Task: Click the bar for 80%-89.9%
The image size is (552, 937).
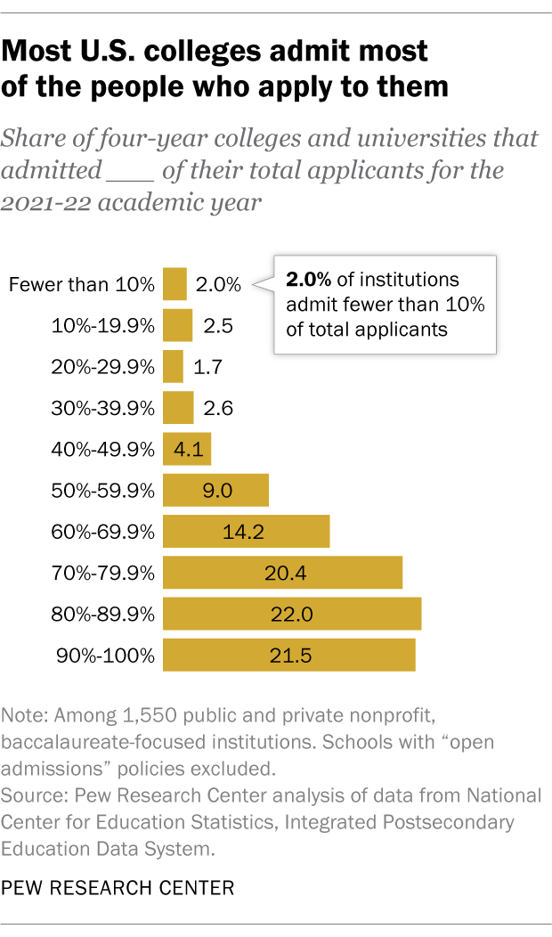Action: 292,615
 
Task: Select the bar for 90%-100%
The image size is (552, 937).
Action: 289,656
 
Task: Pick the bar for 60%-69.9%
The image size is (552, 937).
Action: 247,532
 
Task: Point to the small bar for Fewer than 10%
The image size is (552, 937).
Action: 175,285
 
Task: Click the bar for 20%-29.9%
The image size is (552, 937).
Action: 174,367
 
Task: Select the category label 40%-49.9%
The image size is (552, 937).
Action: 104,450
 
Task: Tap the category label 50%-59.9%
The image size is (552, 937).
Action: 104,491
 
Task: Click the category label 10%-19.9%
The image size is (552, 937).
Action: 104,326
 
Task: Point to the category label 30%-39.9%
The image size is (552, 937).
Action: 104,408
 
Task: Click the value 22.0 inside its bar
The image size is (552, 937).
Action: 291,615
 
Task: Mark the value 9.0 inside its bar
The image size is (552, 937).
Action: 216,491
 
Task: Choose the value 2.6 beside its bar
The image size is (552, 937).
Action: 217,408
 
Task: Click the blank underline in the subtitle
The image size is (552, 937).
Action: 129,171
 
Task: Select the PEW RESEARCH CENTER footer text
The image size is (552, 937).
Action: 118,887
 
